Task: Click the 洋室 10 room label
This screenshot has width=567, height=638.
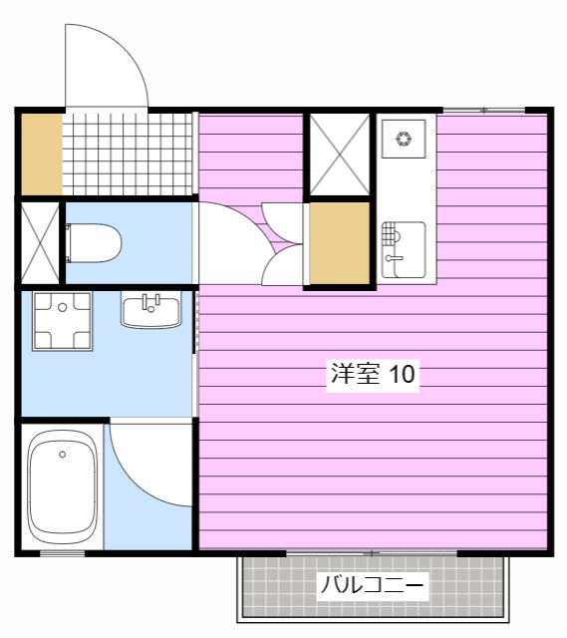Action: tap(373, 374)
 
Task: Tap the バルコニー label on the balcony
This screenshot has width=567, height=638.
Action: tap(372, 585)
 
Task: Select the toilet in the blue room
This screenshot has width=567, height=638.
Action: tap(94, 243)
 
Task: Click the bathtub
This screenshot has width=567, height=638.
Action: tap(62, 487)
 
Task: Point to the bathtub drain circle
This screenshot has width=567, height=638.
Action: tap(62, 455)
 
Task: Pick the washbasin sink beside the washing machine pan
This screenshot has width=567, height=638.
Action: tap(150, 309)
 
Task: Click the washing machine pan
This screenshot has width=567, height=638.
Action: tap(62, 321)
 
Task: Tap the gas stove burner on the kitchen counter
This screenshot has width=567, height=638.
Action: tap(404, 139)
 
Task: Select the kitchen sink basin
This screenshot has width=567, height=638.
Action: tap(404, 250)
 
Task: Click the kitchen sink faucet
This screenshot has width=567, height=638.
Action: tap(394, 257)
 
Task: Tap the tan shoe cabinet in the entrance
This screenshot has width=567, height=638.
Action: tap(42, 155)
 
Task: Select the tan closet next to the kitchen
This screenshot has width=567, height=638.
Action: tap(339, 243)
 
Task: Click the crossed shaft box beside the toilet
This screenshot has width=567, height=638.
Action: tap(40, 243)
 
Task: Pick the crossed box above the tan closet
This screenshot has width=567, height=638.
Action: tap(340, 155)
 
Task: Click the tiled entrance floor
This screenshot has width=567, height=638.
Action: tap(127, 155)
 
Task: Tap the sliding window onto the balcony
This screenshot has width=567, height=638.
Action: tap(372, 553)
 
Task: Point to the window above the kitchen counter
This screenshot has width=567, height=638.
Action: tap(484, 110)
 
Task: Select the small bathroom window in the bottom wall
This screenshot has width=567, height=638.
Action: tap(62, 553)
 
